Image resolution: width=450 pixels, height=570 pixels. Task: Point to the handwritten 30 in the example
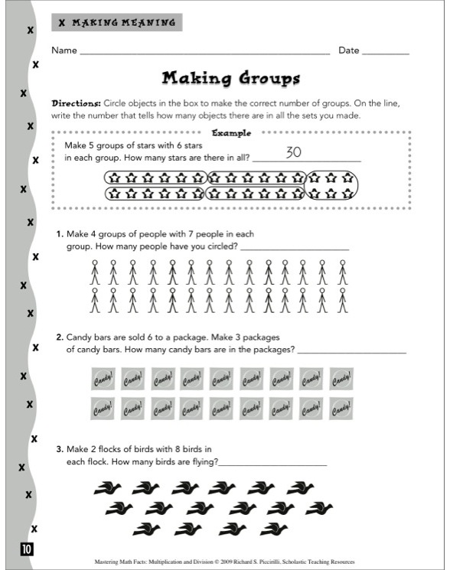click(x=295, y=152)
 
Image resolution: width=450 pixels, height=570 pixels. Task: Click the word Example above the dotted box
click(x=231, y=132)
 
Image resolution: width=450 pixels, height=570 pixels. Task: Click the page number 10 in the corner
click(x=27, y=548)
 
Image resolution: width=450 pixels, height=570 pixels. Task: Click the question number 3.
click(x=59, y=449)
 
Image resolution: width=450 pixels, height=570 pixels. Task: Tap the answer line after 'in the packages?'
click(x=351, y=352)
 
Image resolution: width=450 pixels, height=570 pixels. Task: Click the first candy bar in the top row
click(x=103, y=379)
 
